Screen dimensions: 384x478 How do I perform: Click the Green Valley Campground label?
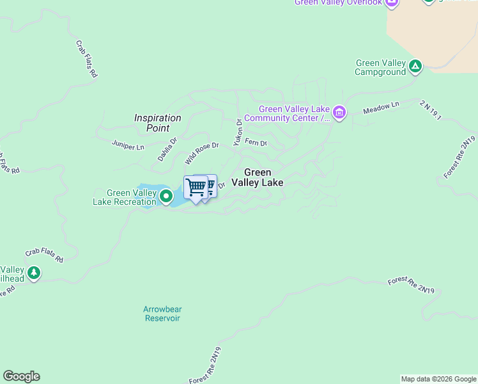click(x=380, y=67)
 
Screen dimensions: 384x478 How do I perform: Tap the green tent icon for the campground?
click(x=415, y=65)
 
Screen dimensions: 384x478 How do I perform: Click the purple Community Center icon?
click(x=339, y=114)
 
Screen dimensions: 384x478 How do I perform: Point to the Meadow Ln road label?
click(x=381, y=108)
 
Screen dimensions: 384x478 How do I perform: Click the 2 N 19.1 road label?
click(x=431, y=111)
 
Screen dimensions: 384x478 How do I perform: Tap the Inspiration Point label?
click(x=157, y=123)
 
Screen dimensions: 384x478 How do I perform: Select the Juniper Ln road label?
click(x=128, y=147)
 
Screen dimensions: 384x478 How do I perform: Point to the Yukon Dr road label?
click(x=238, y=132)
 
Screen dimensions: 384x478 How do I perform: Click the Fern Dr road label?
click(x=256, y=143)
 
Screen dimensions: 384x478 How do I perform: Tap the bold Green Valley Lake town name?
click(x=257, y=177)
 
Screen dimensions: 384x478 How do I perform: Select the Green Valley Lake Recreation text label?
click(x=123, y=197)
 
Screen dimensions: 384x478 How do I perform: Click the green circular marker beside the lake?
click(x=166, y=196)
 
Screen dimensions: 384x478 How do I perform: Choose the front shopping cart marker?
click(x=196, y=188)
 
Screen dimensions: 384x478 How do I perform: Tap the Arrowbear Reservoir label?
click(x=162, y=314)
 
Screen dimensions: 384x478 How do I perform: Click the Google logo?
click(x=21, y=376)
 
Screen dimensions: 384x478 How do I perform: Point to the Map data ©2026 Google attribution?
click(x=438, y=379)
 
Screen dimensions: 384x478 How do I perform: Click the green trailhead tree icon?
click(x=33, y=273)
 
